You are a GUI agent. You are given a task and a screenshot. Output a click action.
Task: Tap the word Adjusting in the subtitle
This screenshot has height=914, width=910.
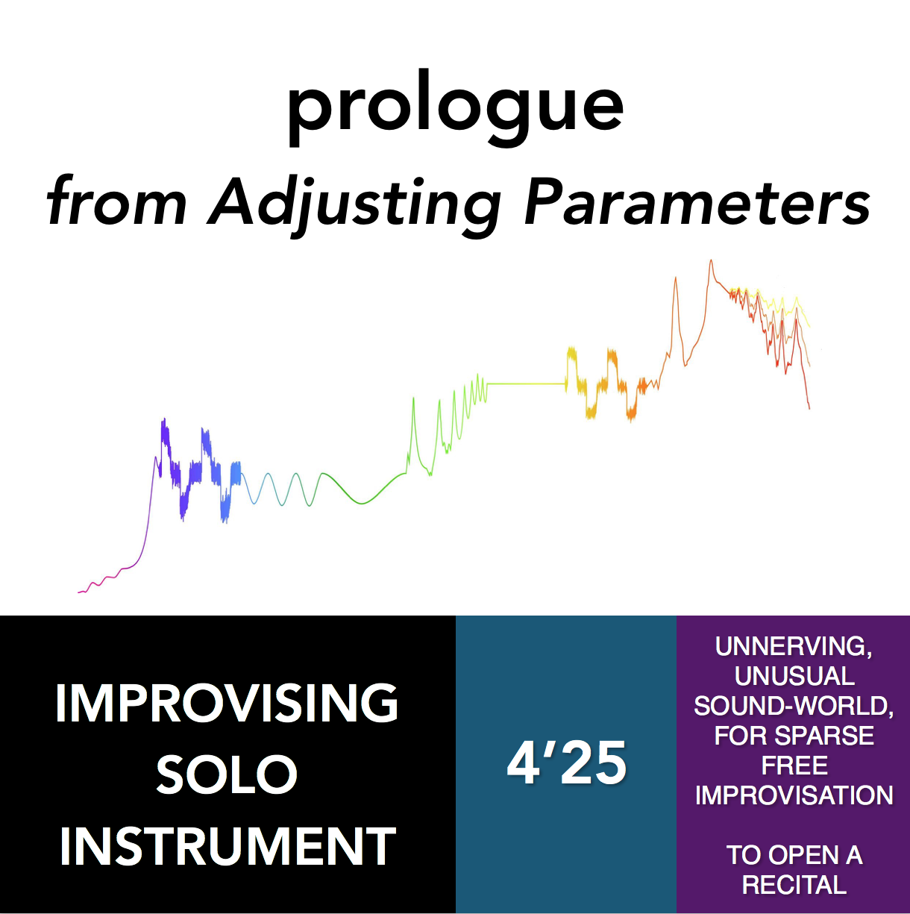tap(355, 204)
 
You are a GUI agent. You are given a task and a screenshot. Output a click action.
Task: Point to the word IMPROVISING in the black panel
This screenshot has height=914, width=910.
tap(227, 703)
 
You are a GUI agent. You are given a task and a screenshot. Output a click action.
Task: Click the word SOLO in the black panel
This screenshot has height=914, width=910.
tap(227, 774)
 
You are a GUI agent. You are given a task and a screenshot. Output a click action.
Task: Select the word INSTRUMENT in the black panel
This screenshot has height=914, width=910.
tap(227, 846)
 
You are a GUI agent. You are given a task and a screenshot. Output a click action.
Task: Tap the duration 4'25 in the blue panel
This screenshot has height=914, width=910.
tap(566, 763)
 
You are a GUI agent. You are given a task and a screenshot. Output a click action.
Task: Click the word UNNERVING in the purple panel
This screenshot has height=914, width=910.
tap(793, 646)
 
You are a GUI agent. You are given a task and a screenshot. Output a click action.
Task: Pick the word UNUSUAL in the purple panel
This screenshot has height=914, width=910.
tap(794, 676)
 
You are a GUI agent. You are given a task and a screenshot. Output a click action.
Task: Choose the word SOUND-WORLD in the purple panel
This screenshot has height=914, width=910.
tap(794, 706)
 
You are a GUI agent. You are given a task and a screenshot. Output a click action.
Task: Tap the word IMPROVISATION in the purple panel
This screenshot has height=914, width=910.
tap(794, 795)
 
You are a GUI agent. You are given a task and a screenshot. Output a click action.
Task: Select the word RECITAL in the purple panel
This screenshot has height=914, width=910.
tap(794, 885)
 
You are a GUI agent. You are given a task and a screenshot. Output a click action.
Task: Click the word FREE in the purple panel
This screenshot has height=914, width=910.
tap(794, 766)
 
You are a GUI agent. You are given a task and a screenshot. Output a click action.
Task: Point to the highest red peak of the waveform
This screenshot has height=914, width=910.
tap(711, 261)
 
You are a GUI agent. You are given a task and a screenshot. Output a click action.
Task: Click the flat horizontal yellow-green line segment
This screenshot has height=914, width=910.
tap(526, 384)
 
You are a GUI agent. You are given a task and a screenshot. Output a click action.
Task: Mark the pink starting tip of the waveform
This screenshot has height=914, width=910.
tap(79, 592)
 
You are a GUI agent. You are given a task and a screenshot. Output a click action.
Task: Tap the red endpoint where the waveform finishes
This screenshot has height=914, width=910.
tap(809, 408)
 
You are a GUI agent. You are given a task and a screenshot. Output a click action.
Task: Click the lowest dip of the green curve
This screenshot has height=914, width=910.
tap(362, 504)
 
